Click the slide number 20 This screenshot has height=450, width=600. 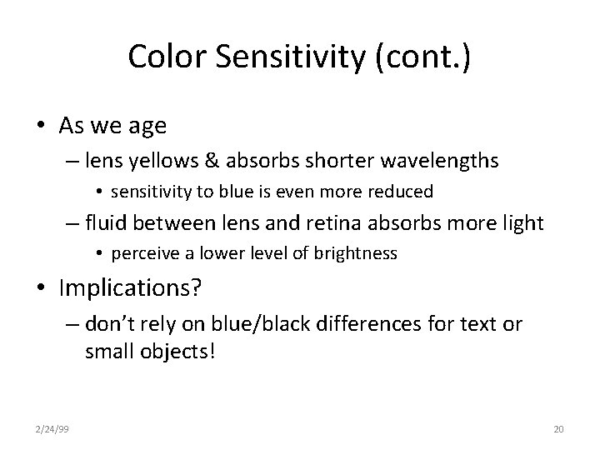[x=558, y=429]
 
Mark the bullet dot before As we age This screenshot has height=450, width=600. [x=39, y=127]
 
